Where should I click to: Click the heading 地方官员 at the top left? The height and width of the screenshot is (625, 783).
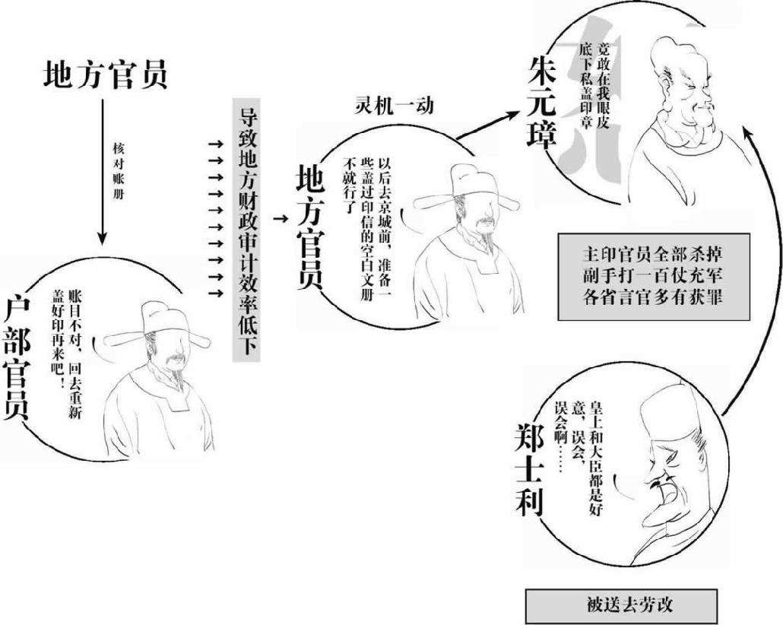point(104,74)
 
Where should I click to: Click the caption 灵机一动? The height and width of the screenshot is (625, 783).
point(395,105)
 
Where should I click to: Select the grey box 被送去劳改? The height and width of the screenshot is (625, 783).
point(620,605)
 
